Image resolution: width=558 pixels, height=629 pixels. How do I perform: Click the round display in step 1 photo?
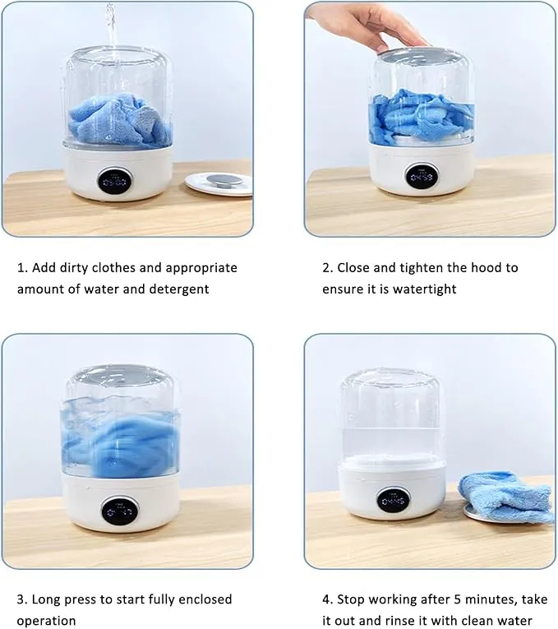click(x=115, y=182)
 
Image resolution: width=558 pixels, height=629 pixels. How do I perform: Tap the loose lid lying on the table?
click(x=219, y=183)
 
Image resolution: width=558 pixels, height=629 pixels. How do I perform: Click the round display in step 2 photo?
click(x=422, y=177)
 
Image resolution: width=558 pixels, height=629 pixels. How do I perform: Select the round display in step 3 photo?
click(x=120, y=511)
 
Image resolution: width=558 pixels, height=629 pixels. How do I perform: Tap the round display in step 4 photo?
click(x=393, y=500)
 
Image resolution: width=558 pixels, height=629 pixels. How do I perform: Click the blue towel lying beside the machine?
click(x=507, y=497)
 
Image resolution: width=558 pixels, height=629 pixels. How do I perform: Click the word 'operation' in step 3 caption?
click(x=46, y=621)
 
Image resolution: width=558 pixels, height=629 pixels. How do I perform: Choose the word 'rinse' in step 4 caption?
click(x=401, y=621)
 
